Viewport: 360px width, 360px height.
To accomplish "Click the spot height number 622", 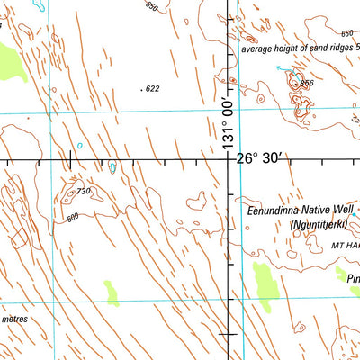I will tap(152, 88).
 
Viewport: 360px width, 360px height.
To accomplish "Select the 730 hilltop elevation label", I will tap(84, 191).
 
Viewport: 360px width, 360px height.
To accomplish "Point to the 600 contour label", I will tap(72, 216).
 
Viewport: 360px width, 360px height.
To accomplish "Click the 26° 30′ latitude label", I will tap(260, 158).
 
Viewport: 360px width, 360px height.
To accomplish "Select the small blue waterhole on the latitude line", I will tap(112, 166).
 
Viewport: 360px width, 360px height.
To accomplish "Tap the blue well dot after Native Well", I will tap(355, 216).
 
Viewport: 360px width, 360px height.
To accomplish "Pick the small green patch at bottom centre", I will tap(112, 292).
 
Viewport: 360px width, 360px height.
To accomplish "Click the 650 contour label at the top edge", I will tap(150, 6).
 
